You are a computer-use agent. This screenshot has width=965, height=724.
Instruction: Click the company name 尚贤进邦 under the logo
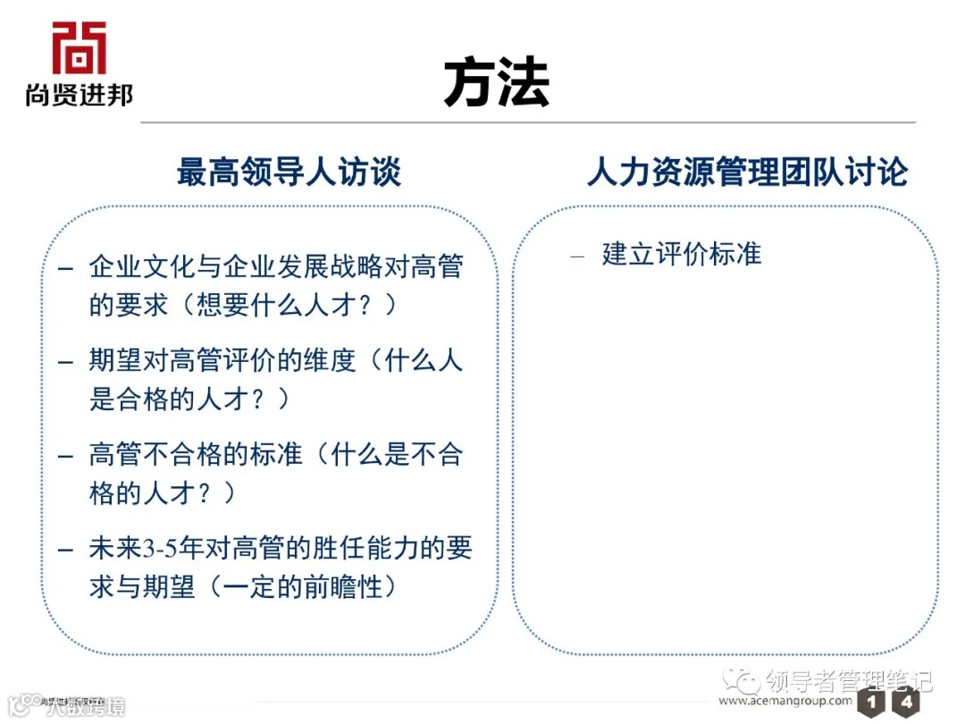(x=79, y=95)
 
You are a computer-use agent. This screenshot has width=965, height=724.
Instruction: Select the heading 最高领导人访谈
(x=289, y=172)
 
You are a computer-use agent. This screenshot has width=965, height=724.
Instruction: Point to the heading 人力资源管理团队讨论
(x=747, y=172)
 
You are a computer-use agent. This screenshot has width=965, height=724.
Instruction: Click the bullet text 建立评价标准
(x=682, y=254)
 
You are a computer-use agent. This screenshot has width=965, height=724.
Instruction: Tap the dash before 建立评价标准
(x=577, y=256)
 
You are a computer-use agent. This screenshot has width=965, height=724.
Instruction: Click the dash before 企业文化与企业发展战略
(x=66, y=267)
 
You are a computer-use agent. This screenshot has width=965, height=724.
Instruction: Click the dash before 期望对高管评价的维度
(x=66, y=362)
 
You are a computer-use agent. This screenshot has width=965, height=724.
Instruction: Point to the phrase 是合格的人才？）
(x=189, y=399)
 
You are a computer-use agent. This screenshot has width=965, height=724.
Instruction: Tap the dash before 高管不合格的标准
(x=66, y=456)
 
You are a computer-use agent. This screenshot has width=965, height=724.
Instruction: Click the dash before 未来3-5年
(x=66, y=550)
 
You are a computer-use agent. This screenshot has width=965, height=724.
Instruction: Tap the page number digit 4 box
(x=905, y=703)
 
